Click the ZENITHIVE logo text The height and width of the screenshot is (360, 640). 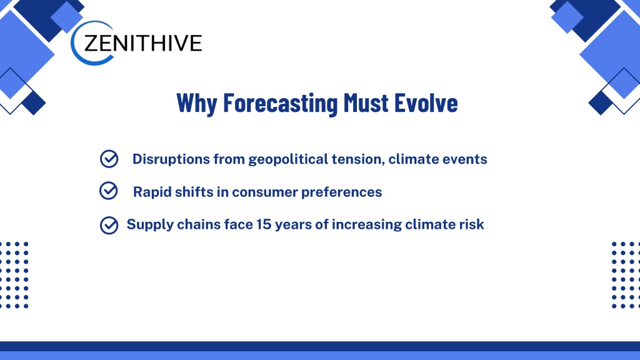click(143, 43)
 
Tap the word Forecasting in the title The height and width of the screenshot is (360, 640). click(281, 103)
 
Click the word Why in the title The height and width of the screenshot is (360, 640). click(197, 103)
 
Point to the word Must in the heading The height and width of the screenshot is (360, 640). click(366, 102)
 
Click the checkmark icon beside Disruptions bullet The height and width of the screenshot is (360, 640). click(109, 159)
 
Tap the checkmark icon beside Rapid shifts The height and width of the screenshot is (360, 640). click(109, 191)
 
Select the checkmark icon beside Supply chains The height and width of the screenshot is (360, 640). click(109, 225)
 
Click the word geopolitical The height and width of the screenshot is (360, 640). click(288, 159)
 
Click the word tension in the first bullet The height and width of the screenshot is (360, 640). click(358, 159)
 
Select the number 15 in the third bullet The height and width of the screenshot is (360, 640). click(264, 224)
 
